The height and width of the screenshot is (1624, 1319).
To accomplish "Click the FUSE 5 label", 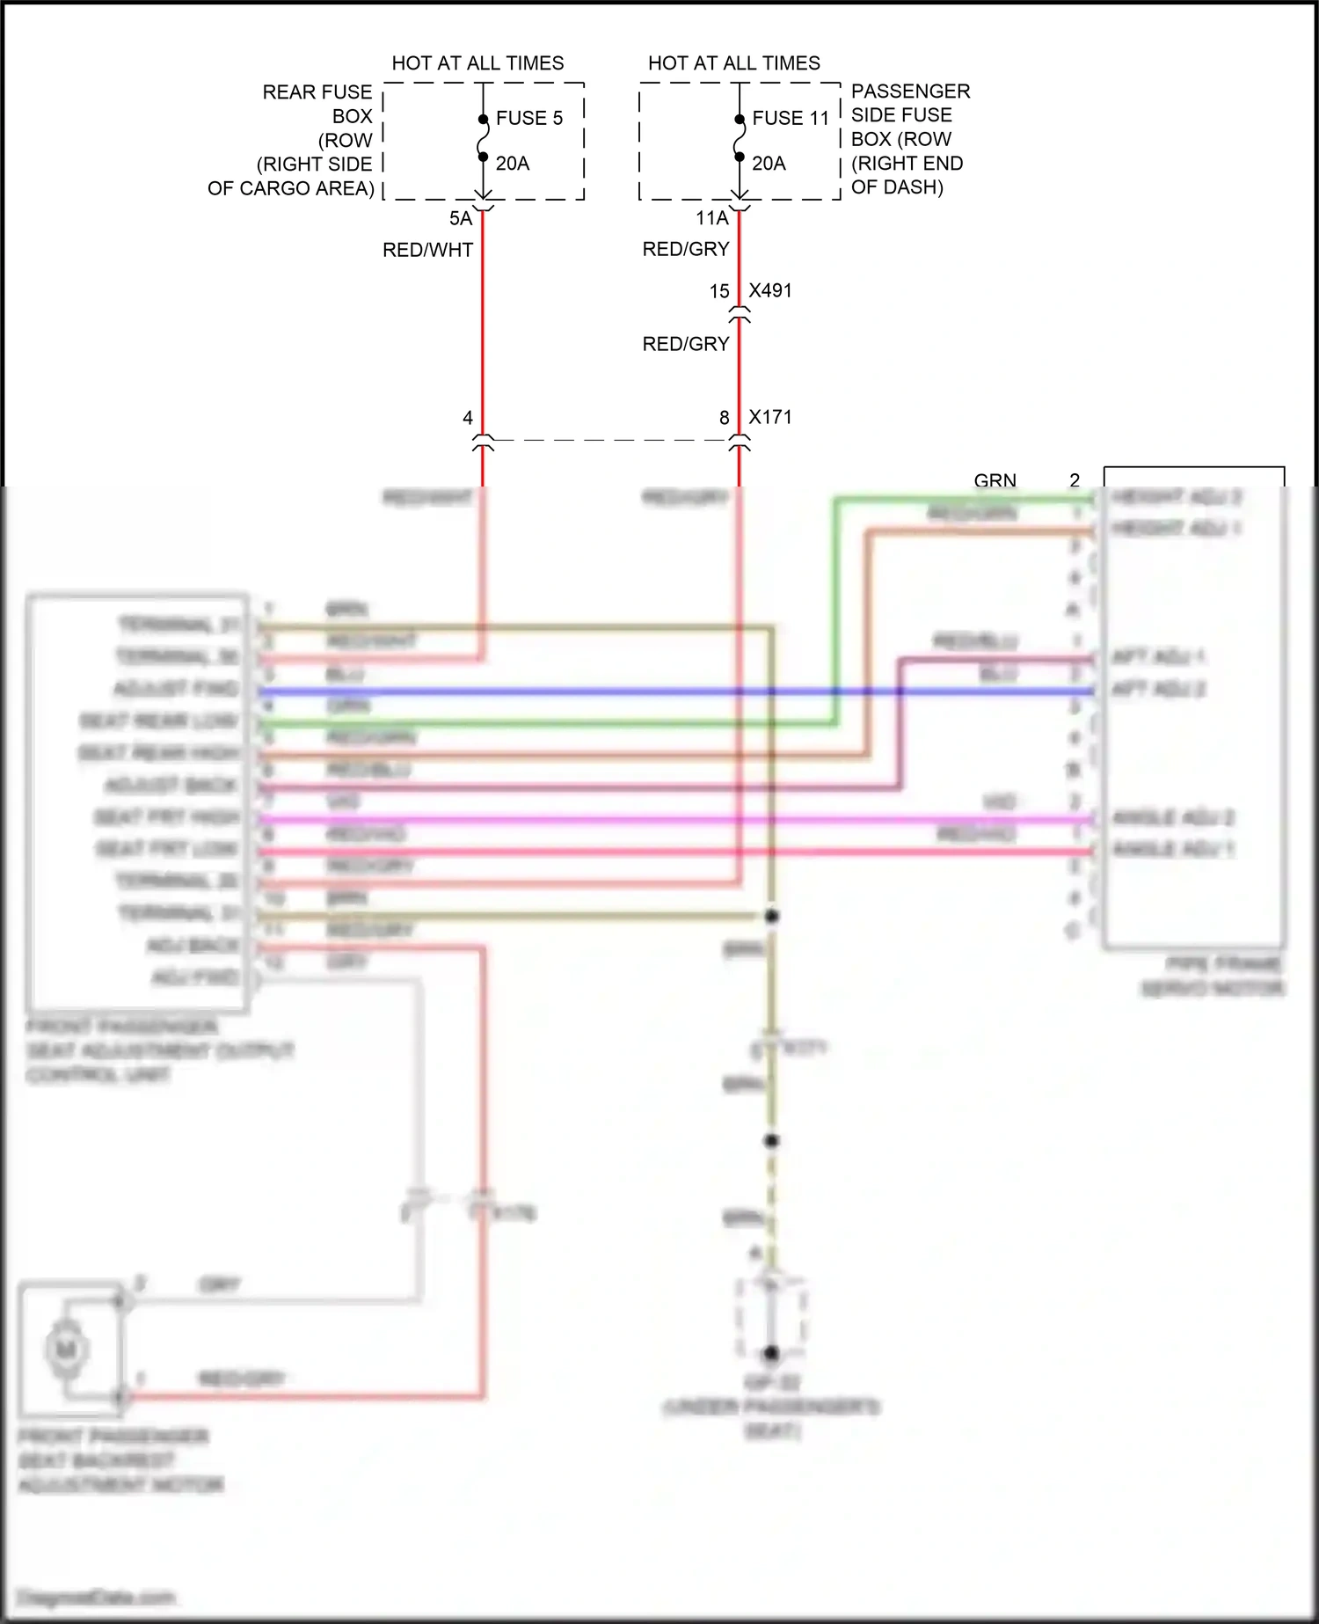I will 528,118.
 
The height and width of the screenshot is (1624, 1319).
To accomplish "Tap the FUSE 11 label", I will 790,118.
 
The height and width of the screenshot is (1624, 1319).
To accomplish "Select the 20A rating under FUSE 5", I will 512,164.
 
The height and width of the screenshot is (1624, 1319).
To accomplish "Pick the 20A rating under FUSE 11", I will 768,164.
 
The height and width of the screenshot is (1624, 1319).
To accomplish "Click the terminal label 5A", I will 461,218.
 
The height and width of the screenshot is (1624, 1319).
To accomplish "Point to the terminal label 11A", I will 712,218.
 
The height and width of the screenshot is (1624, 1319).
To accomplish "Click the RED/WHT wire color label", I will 427,251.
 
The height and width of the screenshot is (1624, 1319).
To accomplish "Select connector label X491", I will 770,291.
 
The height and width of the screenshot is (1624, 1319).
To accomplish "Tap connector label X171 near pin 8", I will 770,418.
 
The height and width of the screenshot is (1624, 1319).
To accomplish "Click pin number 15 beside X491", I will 719,291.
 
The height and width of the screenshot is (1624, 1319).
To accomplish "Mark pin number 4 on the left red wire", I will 468,418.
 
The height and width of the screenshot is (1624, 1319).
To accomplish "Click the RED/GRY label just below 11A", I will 686,250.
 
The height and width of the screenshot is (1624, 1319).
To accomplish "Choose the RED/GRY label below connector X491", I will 686,344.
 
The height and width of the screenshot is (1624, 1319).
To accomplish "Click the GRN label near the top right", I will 995,480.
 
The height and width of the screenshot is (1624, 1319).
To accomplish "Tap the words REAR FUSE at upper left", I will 317,92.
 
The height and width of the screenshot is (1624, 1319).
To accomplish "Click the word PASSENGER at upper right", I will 910,91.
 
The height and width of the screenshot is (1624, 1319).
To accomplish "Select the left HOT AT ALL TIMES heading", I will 477,63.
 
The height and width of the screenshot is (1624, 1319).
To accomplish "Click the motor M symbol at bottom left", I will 66,1350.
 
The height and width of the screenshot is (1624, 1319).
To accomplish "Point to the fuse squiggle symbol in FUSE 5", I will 483,139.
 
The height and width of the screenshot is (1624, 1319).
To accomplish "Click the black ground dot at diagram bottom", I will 771,1353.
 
